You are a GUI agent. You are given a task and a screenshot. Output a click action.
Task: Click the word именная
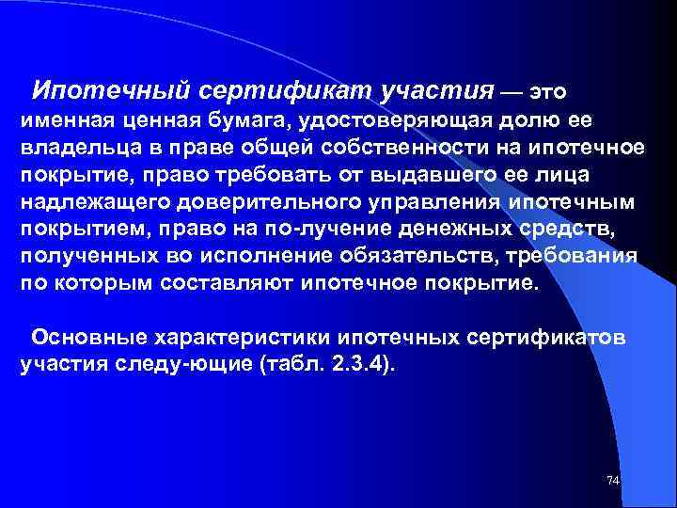click(x=63, y=122)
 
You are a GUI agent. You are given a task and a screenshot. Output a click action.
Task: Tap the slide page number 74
click(x=612, y=480)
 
